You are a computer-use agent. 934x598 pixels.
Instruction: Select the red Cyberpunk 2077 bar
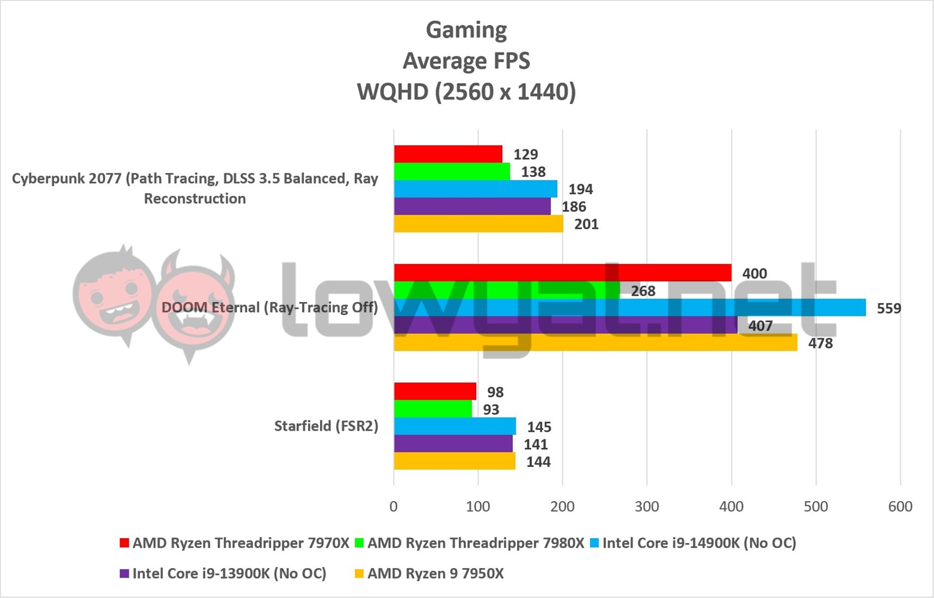click(x=448, y=154)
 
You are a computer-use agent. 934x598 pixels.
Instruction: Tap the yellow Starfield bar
click(x=454, y=461)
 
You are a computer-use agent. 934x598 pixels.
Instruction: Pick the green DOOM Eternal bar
click(x=507, y=290)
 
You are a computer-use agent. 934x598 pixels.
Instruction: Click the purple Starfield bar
click(x=453, y=444)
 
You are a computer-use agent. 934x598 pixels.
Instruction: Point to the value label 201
click(x=586, y=224)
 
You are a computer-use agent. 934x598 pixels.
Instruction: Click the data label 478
click(x=820, y=343)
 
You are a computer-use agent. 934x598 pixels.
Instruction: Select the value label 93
click(x=491, y=410)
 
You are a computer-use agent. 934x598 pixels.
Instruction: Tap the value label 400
click(x=754, y=274)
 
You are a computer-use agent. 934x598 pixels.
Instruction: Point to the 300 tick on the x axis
click(x=647, y=507)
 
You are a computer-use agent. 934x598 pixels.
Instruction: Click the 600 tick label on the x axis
click(x=900, y=507)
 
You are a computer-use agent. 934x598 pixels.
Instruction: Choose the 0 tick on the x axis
click(x=393, y=507)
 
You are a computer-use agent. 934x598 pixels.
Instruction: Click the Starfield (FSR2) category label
click(x=326, y=426)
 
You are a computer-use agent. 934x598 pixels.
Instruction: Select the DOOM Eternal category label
click(x=269, y=307)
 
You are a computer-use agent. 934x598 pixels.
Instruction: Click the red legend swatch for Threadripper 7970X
click(x=124, y=543)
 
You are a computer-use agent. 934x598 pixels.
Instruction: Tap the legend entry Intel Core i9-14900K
click(x=699, y=543)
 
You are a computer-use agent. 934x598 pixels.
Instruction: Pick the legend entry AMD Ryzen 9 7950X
click(x=435, y=573)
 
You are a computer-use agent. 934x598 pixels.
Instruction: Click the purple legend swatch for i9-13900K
click(x=124, y=573)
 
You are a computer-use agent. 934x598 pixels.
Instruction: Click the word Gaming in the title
click(x=466, y=29)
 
